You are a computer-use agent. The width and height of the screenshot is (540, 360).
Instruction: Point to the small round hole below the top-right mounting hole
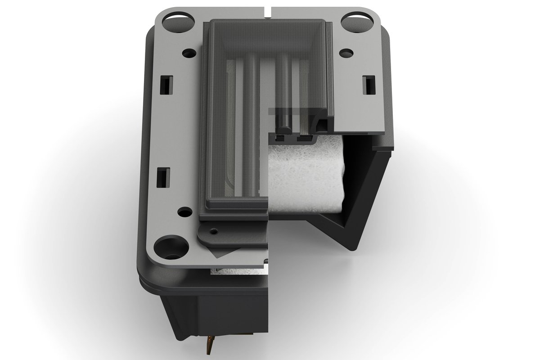[x=346, y=53]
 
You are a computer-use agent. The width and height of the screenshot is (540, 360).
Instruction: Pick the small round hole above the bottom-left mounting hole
[x=183, y=211]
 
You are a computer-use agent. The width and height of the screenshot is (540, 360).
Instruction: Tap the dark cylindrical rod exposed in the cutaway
[x=283, y=121]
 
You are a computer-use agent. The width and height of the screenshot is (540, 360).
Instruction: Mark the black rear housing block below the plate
[x=216, y=310]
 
